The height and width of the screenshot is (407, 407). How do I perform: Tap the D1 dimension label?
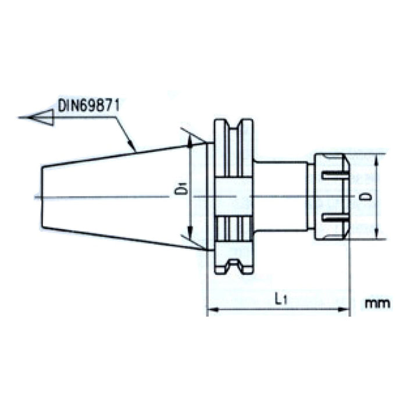tap(182, 190)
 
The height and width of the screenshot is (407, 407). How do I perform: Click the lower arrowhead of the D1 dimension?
tap(191, 245)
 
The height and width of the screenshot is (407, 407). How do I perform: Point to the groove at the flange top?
tap(234, 125)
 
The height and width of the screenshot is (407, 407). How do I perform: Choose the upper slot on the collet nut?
tap(333, 175)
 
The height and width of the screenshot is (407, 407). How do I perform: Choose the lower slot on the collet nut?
tap(333, 218)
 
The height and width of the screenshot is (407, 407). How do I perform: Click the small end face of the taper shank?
tap(42, 197)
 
